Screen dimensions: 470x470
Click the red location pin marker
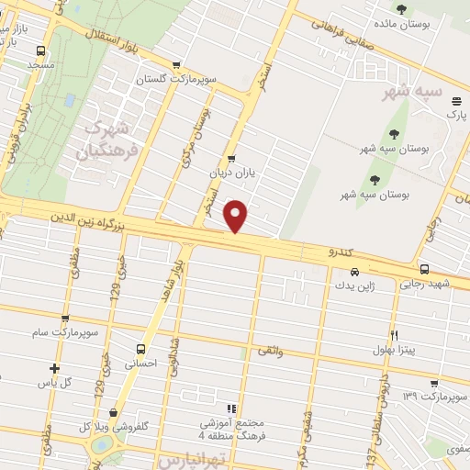[x=237, y=217]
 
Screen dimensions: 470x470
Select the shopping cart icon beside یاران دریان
[x=231, y=158]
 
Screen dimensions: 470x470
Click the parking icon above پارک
[x=451, y=101]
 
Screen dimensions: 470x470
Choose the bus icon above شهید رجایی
[x=424, y=269]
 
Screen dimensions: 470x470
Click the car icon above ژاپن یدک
[x=354, y=273]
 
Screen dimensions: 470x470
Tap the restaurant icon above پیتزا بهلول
[x=395, y=335]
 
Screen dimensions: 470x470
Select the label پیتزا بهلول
[x=395, y=349]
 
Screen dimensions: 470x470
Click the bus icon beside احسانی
[x=140, y=349]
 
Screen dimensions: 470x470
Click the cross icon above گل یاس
[x=54, y=368]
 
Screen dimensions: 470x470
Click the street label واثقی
[x=271, y=351]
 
